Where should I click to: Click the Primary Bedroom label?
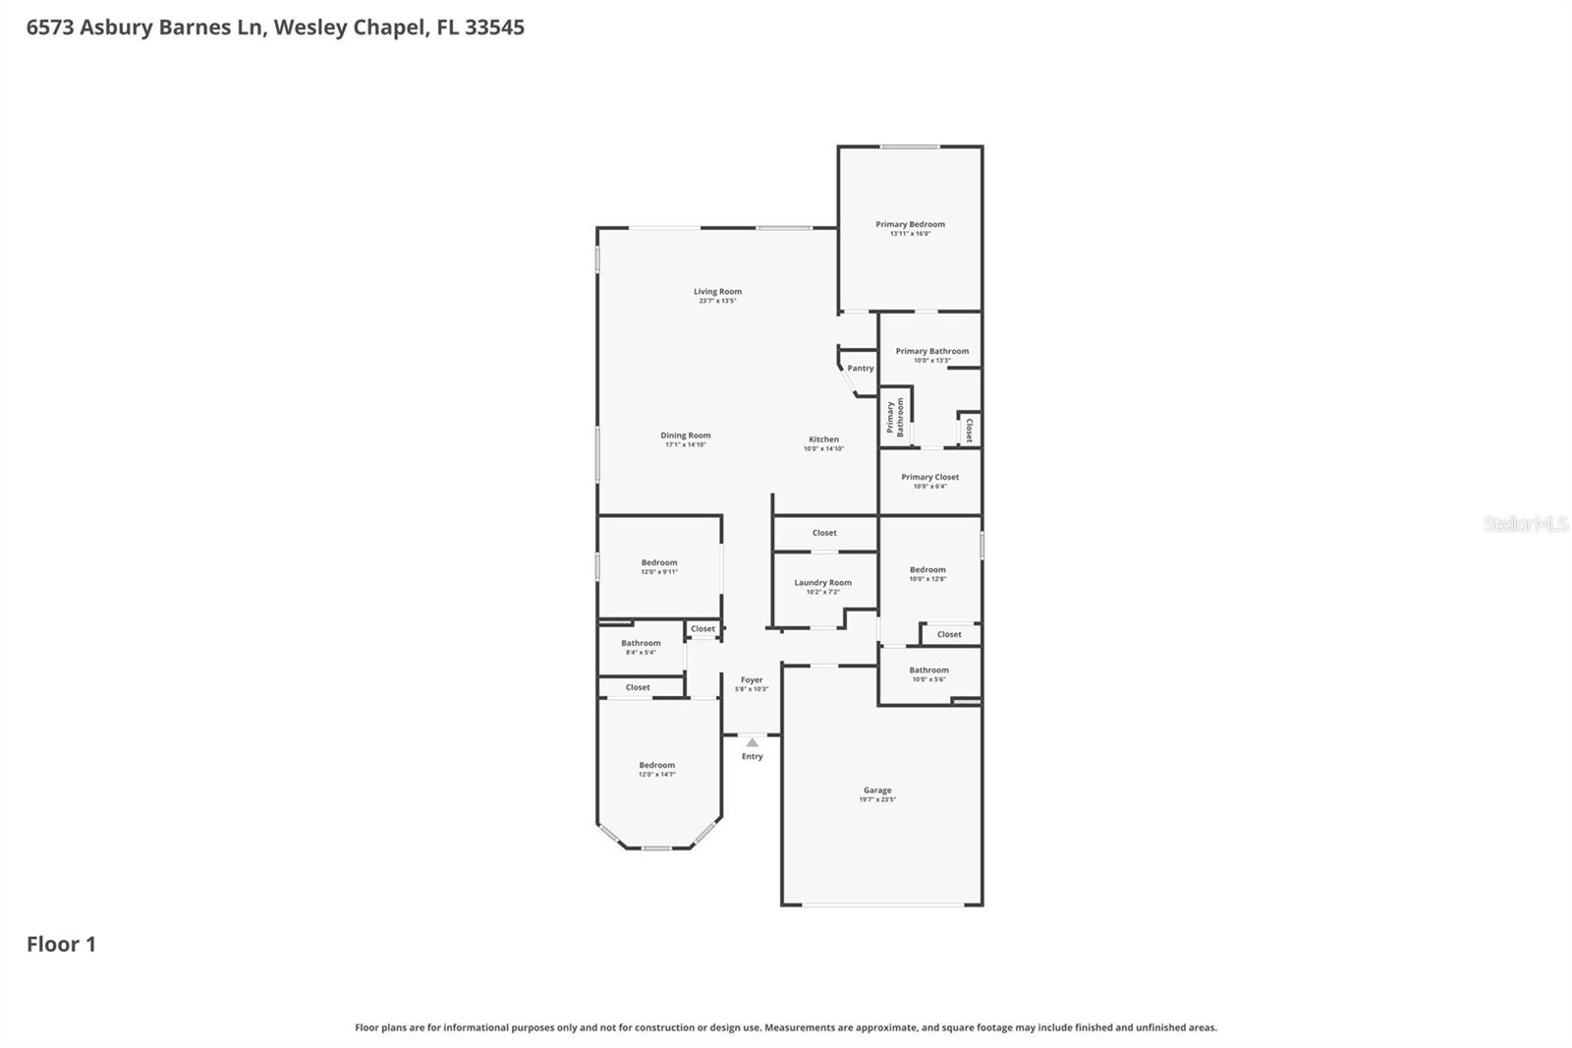pos(910,224)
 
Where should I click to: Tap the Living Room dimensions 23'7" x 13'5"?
pos(717,301)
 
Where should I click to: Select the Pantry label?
pos(860,368)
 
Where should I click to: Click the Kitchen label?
pos(823,439)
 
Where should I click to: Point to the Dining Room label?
pos(685,436)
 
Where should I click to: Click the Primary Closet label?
pos(929,477)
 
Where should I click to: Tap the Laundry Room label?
pos(822,582)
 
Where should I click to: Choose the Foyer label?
pos(752,679)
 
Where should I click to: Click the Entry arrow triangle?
pos(752,742)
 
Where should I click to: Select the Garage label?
pos(877,789)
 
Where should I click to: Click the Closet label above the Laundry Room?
pos(824,533)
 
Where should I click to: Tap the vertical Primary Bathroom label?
pos(895,417)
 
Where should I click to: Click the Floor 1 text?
pos(61,944)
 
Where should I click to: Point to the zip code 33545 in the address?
pos(494,27)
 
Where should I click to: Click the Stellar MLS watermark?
pos(1525,524)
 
